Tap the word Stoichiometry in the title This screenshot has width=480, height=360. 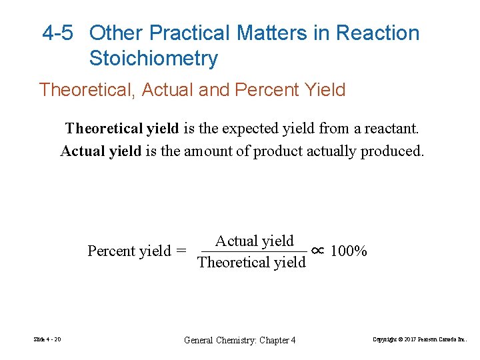pyautogui.click(x=153, y=59)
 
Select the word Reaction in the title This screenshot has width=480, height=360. pyautogui.click(x=378, y=33)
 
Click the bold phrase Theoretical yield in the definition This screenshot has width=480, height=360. pyautogui.click(x=121, y=128)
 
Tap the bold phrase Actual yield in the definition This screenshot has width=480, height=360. pyautogui.click(x=101, y=151)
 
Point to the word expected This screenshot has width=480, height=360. pyautogui.click(x=255, y=128)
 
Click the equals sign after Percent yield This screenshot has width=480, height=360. pyautogui.click(x=181, y=251)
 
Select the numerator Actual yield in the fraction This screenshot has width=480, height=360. pyautogui.click(x=254, y=241)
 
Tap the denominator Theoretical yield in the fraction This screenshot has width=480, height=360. pyautogui.click(x=252, y=262)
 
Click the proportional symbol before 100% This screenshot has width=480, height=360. pyautogui.click(x=318, y=251)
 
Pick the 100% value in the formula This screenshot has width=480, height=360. pyautogui.click(x=349, y=251)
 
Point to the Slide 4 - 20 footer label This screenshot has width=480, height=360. pyautogui.click(x=47, y=340)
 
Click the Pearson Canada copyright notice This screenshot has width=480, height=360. pyautogui.click(x=420, y=340)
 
